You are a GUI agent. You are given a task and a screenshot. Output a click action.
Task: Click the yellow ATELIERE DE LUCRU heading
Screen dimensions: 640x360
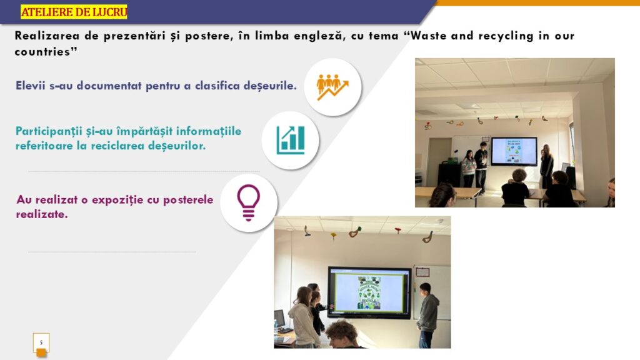[x=74, y=12]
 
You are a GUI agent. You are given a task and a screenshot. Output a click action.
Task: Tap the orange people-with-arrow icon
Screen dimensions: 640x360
[x=332, y=87]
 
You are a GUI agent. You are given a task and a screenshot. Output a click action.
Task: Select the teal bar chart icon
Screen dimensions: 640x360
[x=290, y=140]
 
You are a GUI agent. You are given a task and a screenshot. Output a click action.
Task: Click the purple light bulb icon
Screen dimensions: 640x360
[x=248, y=203]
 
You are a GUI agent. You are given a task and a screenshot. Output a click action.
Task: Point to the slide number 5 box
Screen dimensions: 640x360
[x=41, y=343]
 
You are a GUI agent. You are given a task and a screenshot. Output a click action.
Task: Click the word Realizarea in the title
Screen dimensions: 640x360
[x=47, y=36]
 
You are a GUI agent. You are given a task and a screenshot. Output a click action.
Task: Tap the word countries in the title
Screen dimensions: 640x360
[x=42, y=52]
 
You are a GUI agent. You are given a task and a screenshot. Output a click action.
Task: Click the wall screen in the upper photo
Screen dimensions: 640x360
[x=514, y=151]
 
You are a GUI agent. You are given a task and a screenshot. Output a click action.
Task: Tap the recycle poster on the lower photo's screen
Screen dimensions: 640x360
[x=369, y=292]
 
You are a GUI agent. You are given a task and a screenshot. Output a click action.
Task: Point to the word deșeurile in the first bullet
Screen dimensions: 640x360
[x=270, y=86]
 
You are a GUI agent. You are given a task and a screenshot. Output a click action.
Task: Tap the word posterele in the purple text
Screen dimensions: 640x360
[x=187, y=200]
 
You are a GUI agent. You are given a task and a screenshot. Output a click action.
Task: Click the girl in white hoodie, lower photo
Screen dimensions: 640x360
[x=304, y=317]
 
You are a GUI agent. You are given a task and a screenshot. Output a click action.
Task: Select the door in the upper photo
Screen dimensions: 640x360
[x=439, y=161]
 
